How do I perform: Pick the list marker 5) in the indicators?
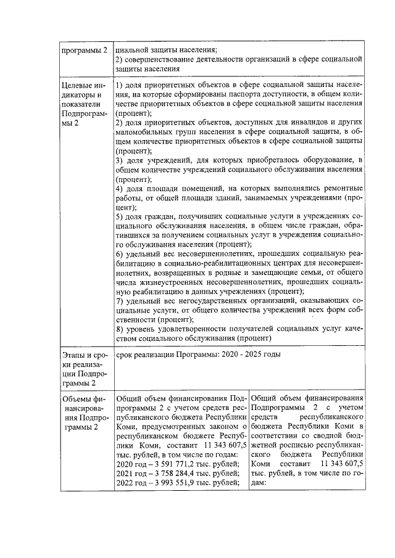(120, 217)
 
